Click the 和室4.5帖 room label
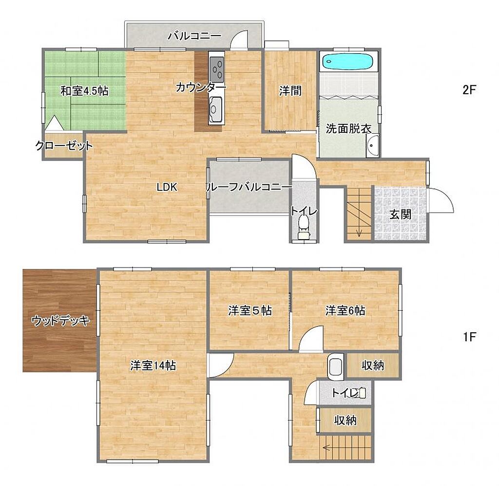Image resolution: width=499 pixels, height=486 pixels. (84, 91)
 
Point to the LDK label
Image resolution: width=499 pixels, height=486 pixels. (167, 187)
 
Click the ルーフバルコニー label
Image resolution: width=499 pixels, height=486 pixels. (249, 187)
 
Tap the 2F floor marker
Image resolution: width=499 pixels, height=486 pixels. (469, 90)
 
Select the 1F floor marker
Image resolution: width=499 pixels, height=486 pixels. (469, 337)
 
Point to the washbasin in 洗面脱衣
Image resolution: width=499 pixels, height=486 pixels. (372, 145)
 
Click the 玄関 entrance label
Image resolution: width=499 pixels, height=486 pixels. (401, 215)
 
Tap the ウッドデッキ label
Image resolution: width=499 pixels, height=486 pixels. (60, 321)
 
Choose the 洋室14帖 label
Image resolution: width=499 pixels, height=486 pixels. (153, 365)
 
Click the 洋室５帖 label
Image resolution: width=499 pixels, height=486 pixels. (250, 311)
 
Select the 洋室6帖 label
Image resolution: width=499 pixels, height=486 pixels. (345, 310)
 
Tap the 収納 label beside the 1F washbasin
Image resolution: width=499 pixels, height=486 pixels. (373, 365)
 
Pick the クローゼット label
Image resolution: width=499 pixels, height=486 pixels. (64, 146)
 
